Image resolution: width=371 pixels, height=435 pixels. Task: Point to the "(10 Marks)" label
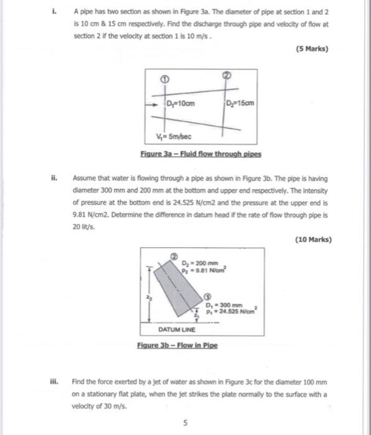314,239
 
